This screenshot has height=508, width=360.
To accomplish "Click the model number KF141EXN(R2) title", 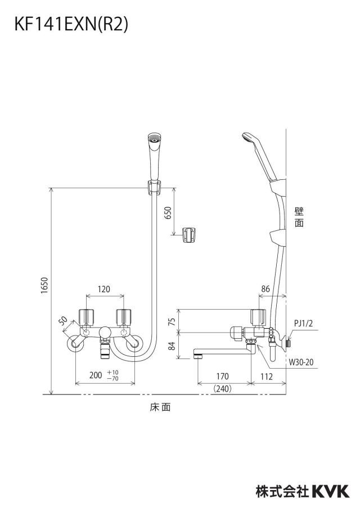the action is coord(71,24).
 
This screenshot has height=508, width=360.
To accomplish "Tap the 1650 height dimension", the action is coord(44,285).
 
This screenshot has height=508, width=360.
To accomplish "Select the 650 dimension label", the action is coord(168,212).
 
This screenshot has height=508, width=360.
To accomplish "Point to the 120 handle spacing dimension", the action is coord(104,289).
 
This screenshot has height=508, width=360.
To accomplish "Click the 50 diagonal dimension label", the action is coord(64,321).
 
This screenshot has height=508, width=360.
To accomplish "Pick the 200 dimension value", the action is coord(96,375).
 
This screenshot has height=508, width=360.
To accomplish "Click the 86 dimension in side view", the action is coord(265,289).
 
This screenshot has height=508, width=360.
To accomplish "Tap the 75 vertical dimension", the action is coord(173,321).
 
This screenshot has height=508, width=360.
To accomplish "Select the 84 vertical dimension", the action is coord(173,346).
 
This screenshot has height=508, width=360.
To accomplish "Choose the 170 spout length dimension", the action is coord(222,376).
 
